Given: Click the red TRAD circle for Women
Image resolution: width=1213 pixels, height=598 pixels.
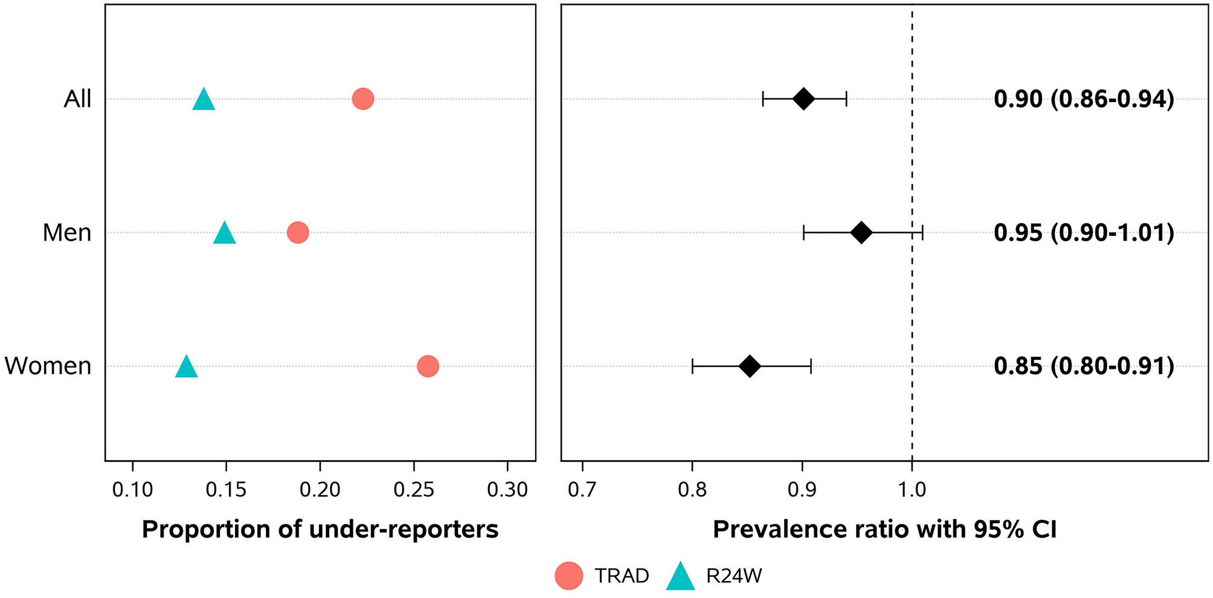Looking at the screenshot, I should tap(428, 366).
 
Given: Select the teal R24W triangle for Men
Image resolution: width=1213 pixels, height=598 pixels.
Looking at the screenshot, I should tap(225, 233).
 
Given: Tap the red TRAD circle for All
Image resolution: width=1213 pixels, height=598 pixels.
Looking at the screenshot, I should tap(362, 99).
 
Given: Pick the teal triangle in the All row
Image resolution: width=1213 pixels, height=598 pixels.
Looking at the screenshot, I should tap(204, 100).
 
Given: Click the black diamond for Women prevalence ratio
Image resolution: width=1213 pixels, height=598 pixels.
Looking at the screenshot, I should tap(750, 366).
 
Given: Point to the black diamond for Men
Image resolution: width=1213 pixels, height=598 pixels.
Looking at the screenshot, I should tap(861, 232).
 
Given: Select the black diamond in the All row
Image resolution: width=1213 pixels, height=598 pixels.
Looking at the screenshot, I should tap(803, 99).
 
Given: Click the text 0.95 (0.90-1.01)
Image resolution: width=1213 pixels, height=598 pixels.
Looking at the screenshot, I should tap(1084, 233).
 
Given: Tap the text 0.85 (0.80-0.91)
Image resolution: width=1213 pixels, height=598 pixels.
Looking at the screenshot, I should tap(1084, 366).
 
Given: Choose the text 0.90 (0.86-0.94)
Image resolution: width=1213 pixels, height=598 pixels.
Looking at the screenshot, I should tap(1084, 99).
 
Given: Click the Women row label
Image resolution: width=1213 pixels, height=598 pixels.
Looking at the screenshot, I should tap(48, 366).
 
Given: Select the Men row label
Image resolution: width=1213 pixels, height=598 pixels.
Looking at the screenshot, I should tap(66, 233).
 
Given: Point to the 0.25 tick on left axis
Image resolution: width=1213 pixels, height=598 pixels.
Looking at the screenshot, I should tap(414, 490).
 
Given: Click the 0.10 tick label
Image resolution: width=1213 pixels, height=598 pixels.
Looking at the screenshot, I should tap(132, 490).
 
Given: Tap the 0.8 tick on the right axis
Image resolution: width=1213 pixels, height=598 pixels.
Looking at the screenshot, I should tap(692, 490).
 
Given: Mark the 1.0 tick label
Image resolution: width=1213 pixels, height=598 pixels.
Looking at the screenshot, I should tap(912, 490).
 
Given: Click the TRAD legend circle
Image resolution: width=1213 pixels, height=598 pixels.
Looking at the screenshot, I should tap(568, 576).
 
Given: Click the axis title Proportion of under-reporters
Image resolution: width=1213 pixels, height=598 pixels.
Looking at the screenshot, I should tap(320, 530).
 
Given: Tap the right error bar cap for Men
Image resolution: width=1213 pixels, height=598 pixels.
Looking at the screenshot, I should tap(922, 232).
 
